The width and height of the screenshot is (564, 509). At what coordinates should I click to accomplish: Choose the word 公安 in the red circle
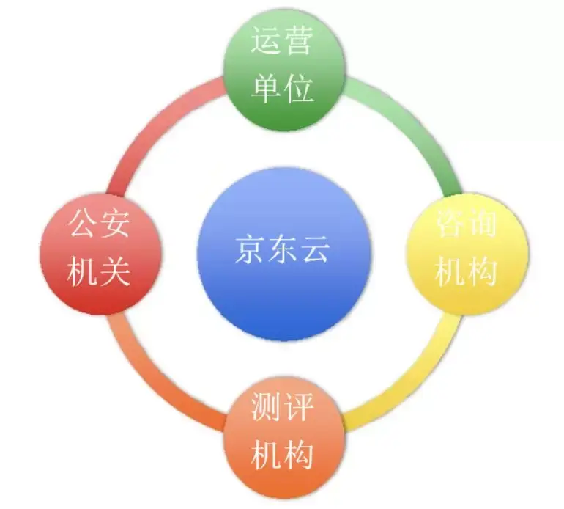(100, 221)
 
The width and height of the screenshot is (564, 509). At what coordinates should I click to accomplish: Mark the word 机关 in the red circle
(100, 271)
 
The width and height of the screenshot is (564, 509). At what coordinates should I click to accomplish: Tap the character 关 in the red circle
(116, 271)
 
